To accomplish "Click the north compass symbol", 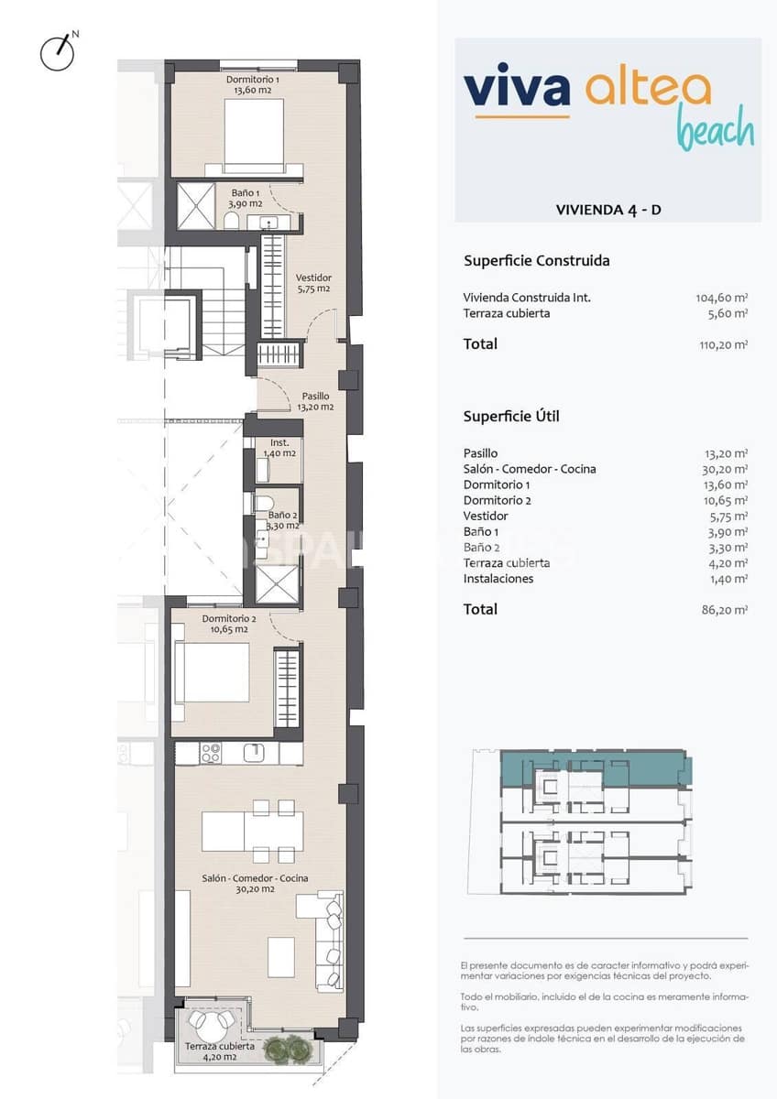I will tap(57, 52).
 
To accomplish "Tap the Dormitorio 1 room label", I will tap(253, 85).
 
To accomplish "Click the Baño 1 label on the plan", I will tap(246, 198).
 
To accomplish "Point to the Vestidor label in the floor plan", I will tap(313, 283).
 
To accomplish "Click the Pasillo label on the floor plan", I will tap(314, 401).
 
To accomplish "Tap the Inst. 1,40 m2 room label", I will tap(279, 448).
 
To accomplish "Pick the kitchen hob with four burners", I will tap(211, 753).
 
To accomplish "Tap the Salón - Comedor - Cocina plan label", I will tap(255, 883).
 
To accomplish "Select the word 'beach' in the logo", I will tap(715, 130).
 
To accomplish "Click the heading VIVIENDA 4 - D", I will tap(608, 210).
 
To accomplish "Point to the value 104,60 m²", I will tap(722, 298).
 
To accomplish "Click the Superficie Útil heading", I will tap(511, 417).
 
